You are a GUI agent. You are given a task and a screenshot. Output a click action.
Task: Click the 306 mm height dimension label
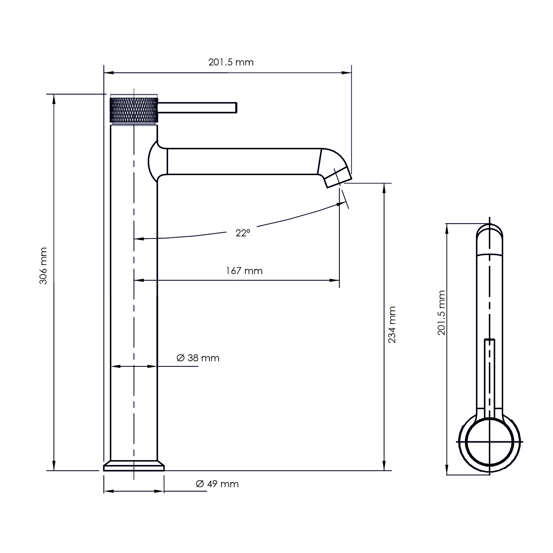(44, 266)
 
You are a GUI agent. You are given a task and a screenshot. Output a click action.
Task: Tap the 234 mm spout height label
(392, 325)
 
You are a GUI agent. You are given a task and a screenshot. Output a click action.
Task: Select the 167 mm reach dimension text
(244, 271)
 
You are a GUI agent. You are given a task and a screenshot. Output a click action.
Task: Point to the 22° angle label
(243, 233)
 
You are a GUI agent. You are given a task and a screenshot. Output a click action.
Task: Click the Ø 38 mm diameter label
(198, 358)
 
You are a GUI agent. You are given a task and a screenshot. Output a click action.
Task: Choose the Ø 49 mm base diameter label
(218, 484)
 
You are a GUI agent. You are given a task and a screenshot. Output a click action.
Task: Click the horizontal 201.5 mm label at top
(231, 62)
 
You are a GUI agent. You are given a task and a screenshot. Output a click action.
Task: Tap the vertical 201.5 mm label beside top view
(442, 313)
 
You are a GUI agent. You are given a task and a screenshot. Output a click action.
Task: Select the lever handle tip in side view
(235, 107)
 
